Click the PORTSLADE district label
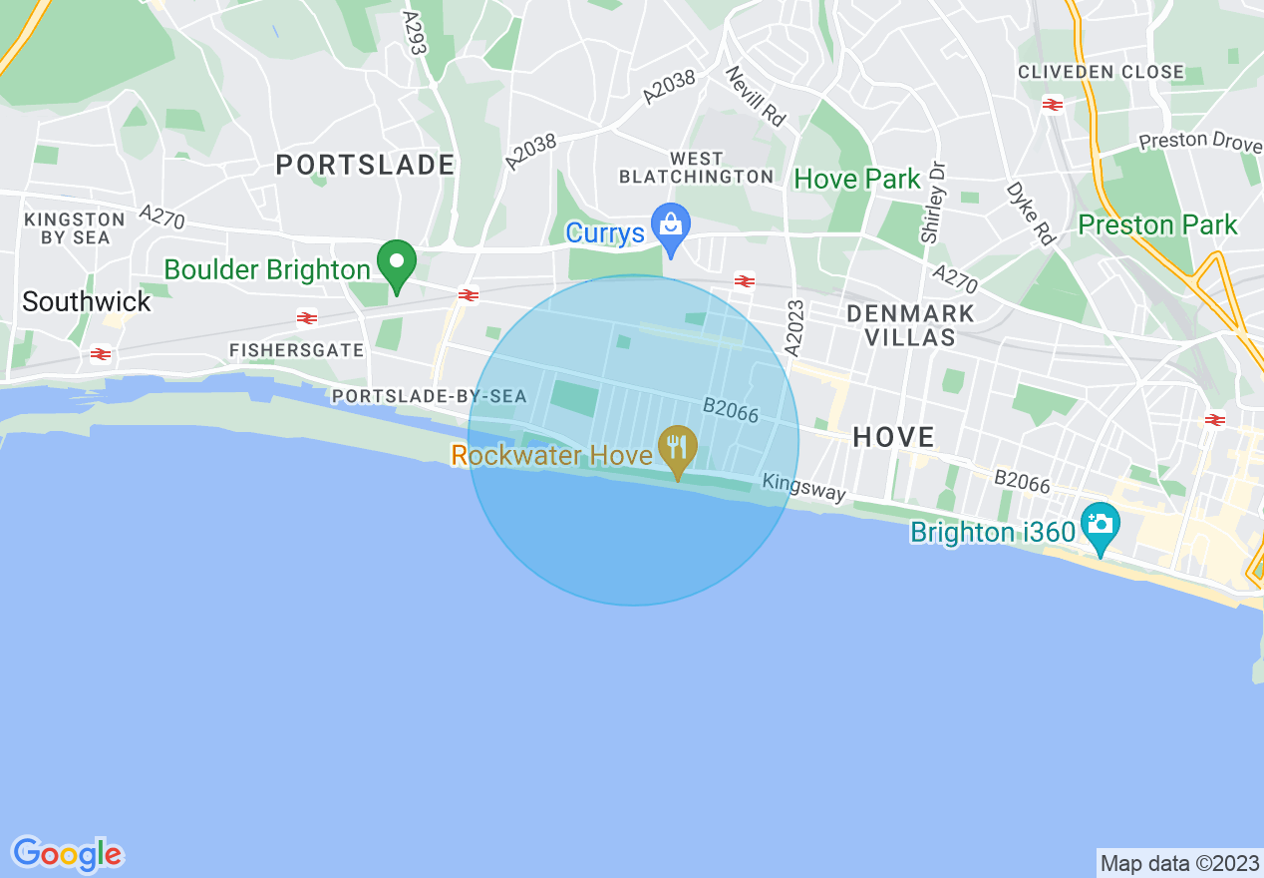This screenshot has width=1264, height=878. click(365, 165)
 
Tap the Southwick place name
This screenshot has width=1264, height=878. click(87, 301)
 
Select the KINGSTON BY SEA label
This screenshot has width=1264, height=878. click(75, 228)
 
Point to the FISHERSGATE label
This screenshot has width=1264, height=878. click(297, 351)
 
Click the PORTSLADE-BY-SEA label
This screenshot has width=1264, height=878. click(429, 397)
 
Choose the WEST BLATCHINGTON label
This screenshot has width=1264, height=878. click(696, 168)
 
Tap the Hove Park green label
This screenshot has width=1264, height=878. click(856, 180)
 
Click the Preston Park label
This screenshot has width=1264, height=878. click(1157, 224)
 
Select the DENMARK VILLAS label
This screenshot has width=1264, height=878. click(910, 325)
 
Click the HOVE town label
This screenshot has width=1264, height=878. click(894, 437)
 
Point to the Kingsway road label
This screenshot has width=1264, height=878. click(804, 487)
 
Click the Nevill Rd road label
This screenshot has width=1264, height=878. click(756, 96)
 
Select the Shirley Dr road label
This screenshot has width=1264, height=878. click(933, 203)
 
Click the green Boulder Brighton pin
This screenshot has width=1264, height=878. click(397, 262)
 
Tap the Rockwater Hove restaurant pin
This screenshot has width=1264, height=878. click(678, 446)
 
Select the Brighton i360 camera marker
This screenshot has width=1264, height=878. click(1100, 524)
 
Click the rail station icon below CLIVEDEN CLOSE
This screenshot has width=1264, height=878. click(1052, 104)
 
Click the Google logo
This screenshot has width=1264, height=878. click(67, 854)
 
